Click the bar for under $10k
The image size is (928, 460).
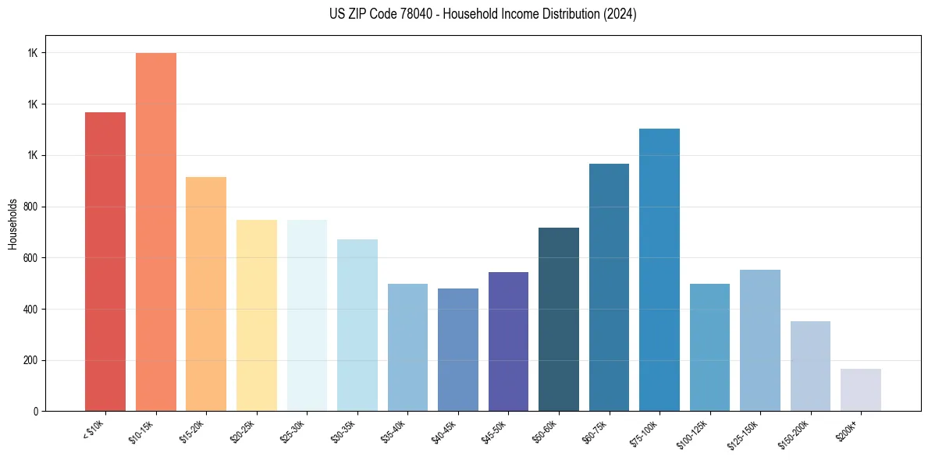click(105, 261)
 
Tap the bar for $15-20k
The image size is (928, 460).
click(206, 294)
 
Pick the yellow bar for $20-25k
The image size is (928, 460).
click(256, 315)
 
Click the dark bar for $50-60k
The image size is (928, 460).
click(558, 319)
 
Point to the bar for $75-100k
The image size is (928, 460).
click(659, 270)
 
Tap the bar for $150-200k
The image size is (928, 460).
click(810, 366)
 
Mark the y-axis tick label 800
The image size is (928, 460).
click(30, 207)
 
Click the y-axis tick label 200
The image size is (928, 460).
click(30, 360)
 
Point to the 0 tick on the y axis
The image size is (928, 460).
click(36, 411)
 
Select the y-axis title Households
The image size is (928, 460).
click(13, 224)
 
